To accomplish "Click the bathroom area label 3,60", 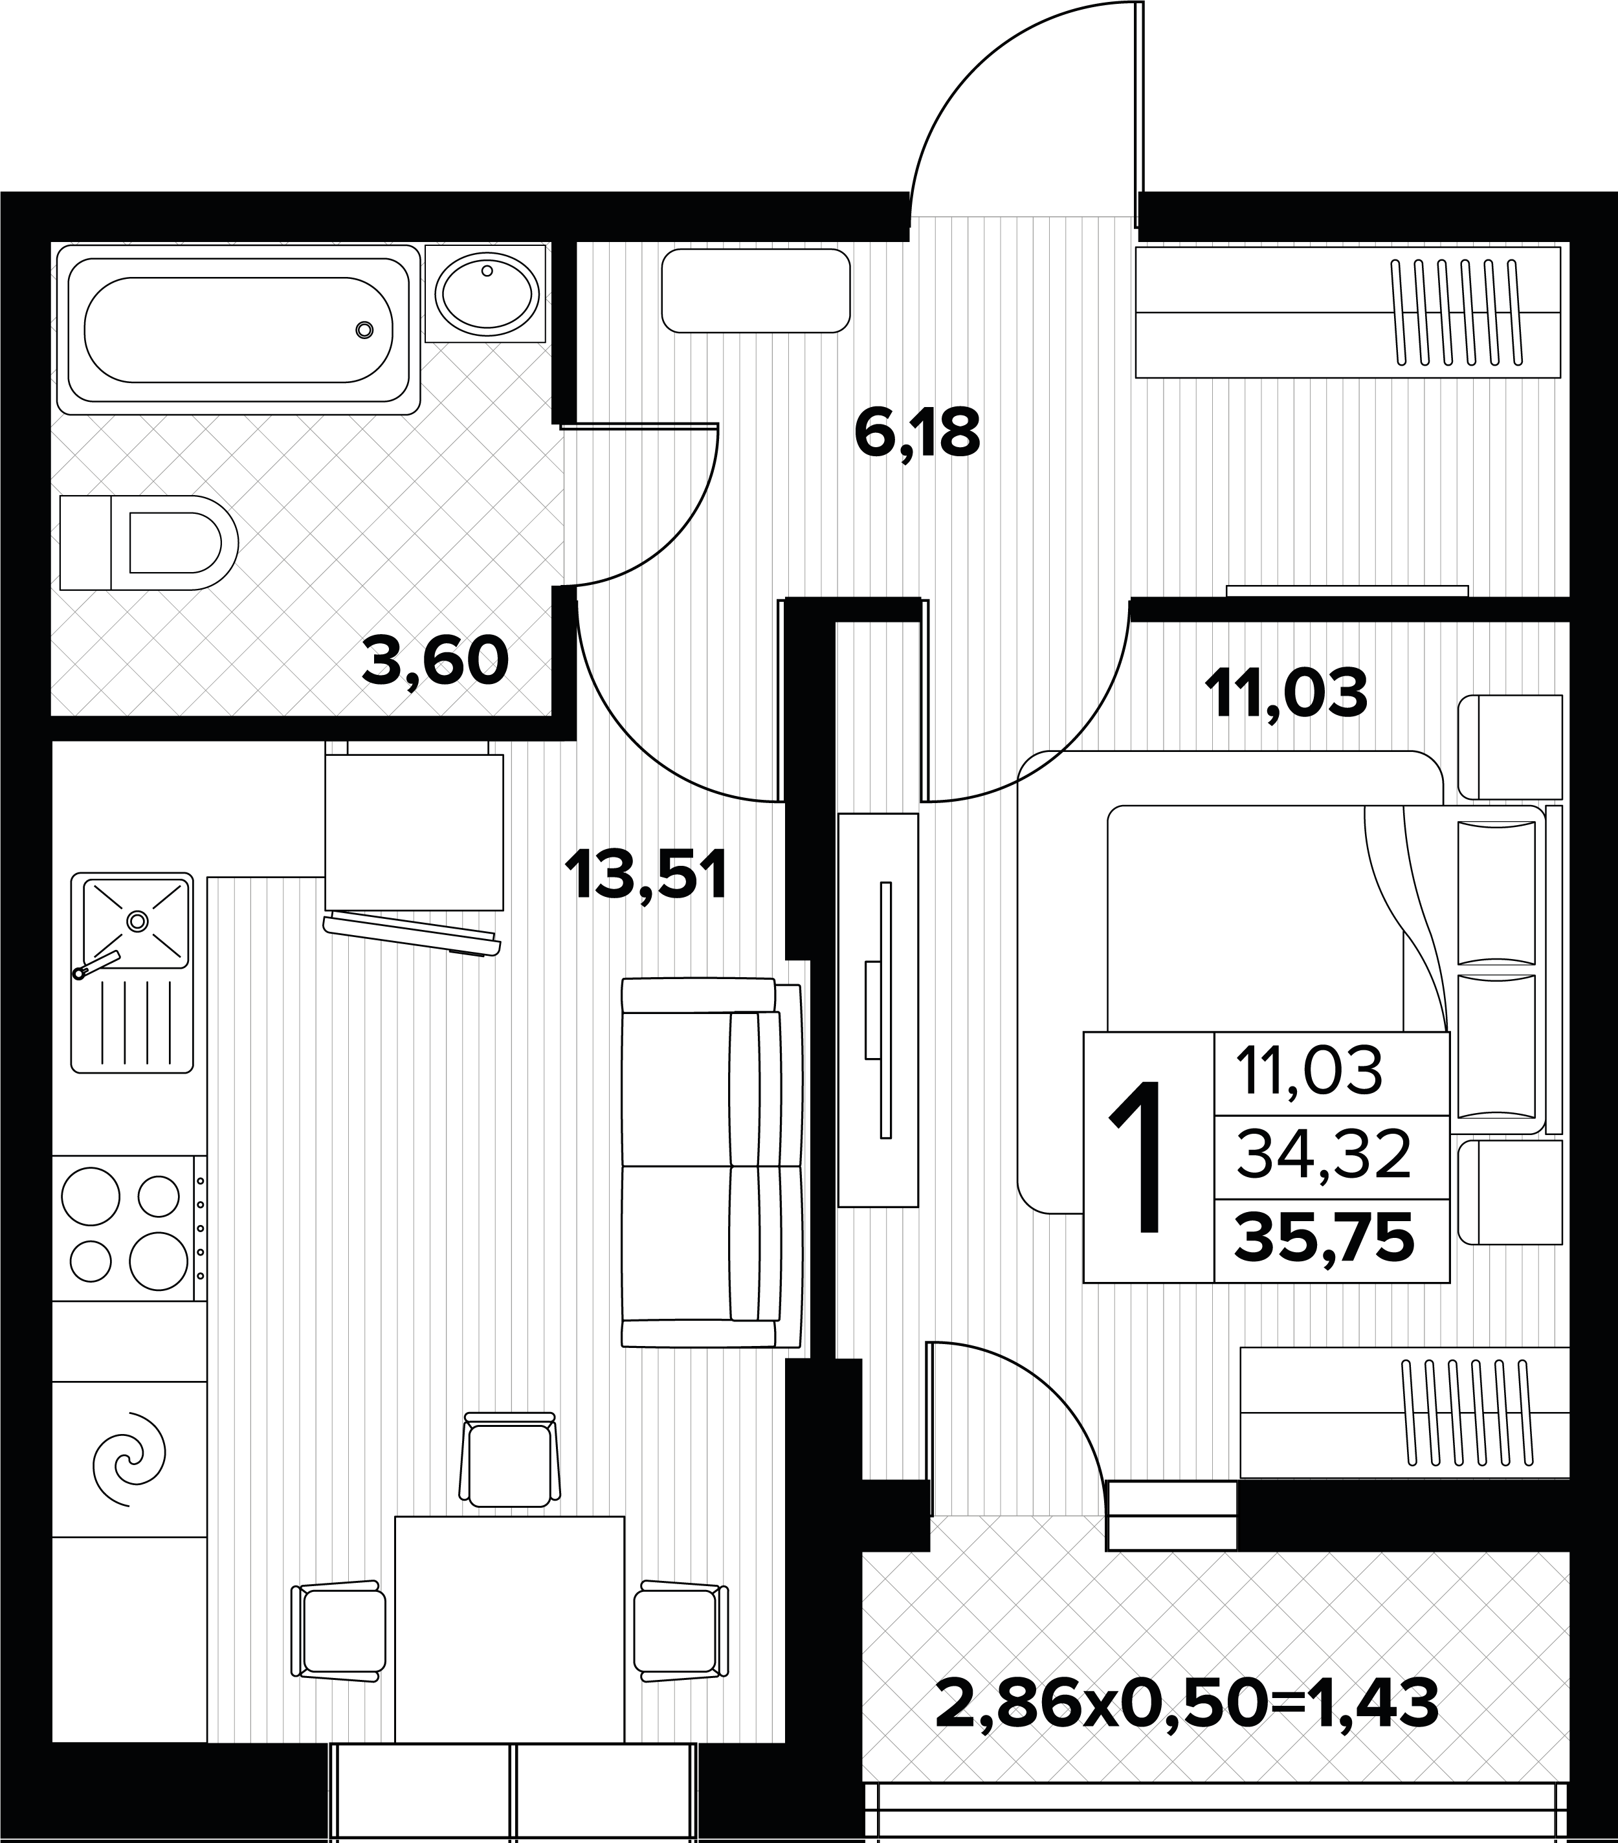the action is point(436,661).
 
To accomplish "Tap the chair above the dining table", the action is point(509,1459).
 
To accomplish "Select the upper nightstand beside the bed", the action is point(1510,747).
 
